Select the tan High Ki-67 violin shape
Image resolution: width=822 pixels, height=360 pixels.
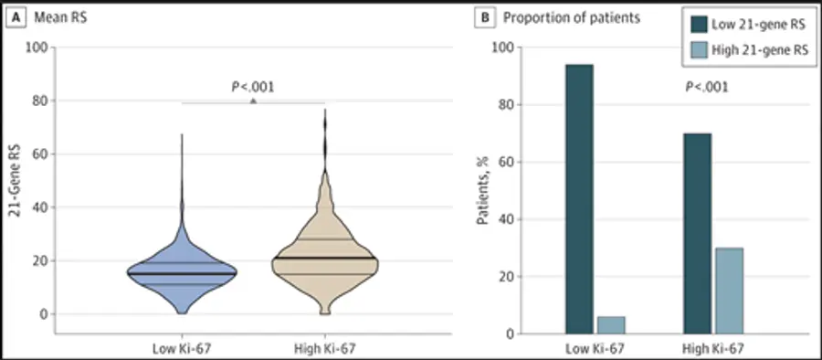click(325, 262)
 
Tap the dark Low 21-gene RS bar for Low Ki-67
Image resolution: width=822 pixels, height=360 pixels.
click(579, 199)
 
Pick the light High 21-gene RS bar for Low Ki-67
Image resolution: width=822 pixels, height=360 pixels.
click(611, 325)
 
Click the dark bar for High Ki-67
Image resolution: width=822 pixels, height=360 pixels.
click(698, 234)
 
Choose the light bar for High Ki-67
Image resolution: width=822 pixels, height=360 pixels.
click(729, 291)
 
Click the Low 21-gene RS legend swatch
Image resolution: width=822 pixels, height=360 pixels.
click(699, 24)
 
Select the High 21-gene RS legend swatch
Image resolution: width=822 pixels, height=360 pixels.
click(699, 50)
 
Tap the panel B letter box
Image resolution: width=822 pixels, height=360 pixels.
click(486, 18)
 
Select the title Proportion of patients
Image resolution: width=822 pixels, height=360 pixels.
click(572, 18)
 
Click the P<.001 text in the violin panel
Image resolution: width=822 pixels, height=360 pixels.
click(253, 87)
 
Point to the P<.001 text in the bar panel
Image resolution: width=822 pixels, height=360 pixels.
click(707, 87)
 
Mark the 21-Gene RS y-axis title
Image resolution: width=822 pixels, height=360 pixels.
click(16, 181)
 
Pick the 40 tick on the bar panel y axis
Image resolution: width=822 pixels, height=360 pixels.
click(501, 219)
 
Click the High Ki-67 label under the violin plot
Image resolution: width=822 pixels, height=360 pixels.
click(325, 348)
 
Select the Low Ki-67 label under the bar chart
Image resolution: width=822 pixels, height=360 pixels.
click(595, 348)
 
